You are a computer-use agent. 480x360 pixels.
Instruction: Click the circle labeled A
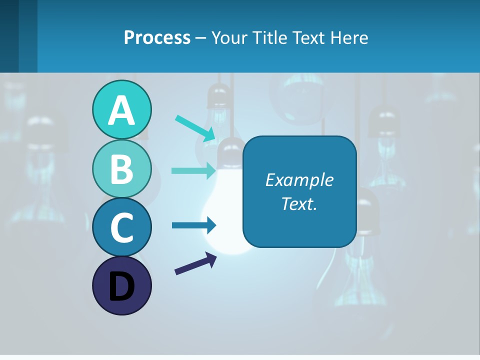[121, 110]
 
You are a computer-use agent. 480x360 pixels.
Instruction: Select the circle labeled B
[121, 168]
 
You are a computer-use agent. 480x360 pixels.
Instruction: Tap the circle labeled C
[121, 227]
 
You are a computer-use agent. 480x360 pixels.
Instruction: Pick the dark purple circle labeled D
[121, 285]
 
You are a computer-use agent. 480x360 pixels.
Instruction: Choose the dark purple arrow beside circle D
[195, 263]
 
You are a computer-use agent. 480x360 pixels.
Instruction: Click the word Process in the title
[157, 37]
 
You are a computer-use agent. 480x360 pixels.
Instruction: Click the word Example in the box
[299, 179]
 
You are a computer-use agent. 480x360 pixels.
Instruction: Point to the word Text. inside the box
[299, 203]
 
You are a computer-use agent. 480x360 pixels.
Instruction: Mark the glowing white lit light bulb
[228, 210]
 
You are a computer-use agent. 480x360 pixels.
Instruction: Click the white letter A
[121, 110]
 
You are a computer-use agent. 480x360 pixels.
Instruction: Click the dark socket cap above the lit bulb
[230, 149]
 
